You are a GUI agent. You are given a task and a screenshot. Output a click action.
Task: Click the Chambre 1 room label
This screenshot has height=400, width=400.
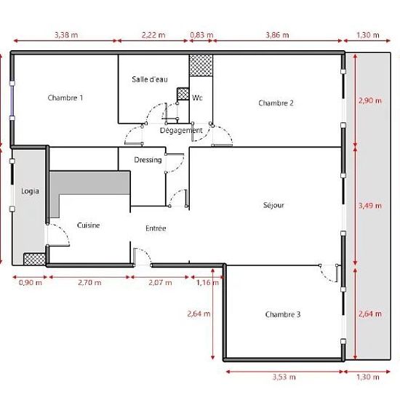(x=65, y=97)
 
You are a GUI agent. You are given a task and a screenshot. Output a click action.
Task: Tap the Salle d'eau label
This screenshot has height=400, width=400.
(x=150, y=79)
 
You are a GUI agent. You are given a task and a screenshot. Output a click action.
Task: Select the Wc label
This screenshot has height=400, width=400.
(x=197, y=97)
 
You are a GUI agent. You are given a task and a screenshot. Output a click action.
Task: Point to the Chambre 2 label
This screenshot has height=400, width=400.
(x=276, y=103)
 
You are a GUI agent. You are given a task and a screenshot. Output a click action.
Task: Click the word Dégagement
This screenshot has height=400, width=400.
(x=181, y=131)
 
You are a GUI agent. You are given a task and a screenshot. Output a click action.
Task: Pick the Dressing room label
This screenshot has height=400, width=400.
(x=148, y=160)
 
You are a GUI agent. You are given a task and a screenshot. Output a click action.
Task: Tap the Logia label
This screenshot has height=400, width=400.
(x=30, y=191)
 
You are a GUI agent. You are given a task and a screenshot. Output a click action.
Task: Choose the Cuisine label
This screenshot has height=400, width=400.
(x=88, y=225)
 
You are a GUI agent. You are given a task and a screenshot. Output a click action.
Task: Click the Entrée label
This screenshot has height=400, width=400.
(x=156, y=228)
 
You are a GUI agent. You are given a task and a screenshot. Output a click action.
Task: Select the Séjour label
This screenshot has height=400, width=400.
(x=273, y=205)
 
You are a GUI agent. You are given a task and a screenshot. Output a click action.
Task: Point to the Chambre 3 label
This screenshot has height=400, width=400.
(x=283, y=314)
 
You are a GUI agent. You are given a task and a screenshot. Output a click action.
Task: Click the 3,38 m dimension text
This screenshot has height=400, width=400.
(x=66, y=35)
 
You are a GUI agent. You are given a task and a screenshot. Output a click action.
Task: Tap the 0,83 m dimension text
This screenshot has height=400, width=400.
(x=201, y=35)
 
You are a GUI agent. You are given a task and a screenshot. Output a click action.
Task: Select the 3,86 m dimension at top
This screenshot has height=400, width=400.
(x=277, y=35)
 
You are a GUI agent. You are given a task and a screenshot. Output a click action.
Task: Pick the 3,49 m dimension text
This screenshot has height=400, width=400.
(x=370, y=206)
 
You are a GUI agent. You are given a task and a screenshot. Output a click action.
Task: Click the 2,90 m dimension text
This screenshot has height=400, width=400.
(x=370, y=101)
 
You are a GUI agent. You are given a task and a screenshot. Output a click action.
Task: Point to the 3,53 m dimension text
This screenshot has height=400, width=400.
(x=284, y=377)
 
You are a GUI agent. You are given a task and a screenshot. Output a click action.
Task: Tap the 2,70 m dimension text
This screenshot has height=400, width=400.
(x=89, y=283)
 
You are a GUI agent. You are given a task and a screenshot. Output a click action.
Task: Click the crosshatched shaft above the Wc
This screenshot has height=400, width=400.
(x=201, y=65)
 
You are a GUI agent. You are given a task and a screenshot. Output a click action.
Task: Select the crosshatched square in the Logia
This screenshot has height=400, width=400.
(x=34, y=259)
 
